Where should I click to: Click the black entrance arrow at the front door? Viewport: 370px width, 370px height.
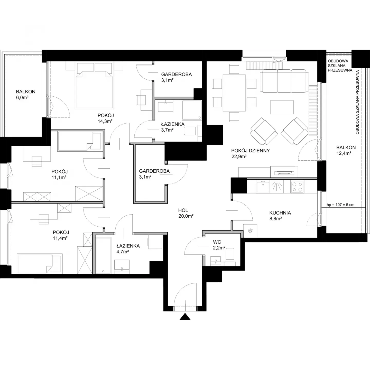coord(185,317)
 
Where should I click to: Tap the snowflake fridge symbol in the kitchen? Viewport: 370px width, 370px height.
coord(250,231)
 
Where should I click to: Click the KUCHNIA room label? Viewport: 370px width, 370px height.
coord(280,213)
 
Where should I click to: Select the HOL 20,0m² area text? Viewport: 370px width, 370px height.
coord(186,213)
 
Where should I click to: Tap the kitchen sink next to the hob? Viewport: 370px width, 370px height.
coord(263,186)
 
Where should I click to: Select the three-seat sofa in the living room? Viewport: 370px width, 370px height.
coord(284,81)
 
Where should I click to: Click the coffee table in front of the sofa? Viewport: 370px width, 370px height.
coord(282,107)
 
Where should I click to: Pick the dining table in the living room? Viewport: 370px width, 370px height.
coord(234,93)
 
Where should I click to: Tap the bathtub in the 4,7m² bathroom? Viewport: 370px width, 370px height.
coord(103,255)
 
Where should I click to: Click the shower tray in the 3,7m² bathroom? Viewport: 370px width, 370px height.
coord(192,110)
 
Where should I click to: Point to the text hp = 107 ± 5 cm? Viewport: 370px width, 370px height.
coord(340,205)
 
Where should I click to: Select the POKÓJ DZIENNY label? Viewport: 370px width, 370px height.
coord(250,151)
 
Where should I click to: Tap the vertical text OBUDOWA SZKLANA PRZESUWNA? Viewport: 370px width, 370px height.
coord(357,102)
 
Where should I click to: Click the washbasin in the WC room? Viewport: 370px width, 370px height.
coord(215,261)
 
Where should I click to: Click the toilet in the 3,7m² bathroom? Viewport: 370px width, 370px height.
coord(193,131)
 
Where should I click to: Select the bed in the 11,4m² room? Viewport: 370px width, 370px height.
coord(39,263)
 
